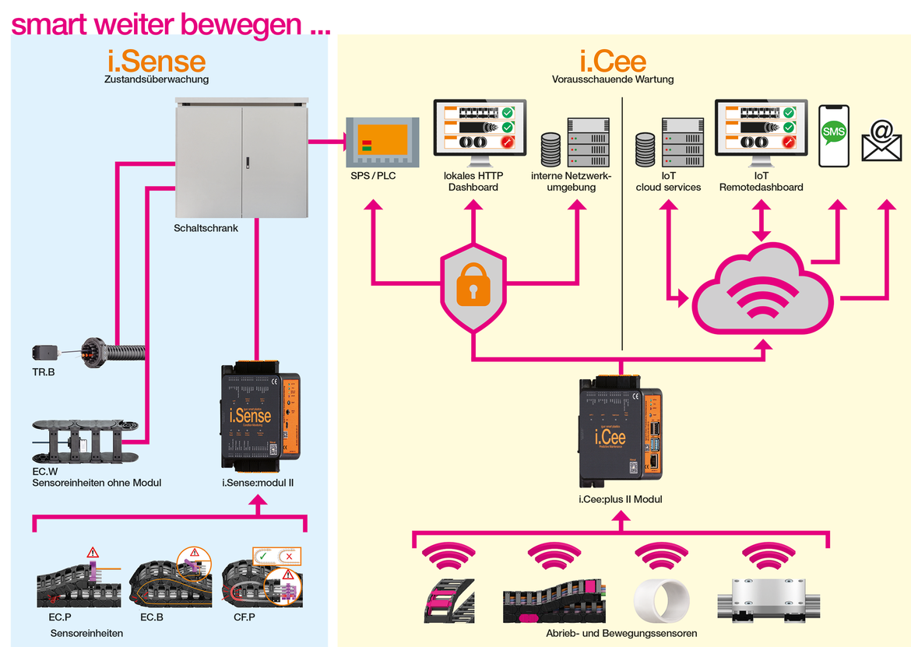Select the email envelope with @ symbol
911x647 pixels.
pyautogui.click(x=881, y=142)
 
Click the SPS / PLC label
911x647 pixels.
pyautogui.click(x=373, y=176)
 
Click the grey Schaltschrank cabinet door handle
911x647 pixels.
pyautogui.click(x=247, y=162)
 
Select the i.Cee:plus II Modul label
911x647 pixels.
pyautogui.click(x=620, y=499)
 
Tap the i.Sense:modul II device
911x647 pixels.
pyautogui.click(x=256, y=418)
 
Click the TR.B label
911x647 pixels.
pyautogui.click(x=44, y=373)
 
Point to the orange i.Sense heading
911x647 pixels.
pyautogui.click(x=157, y=61)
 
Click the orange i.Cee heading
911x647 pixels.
pyautogui.click(x=613, y=61)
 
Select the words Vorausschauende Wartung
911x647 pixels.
pyautogui.click(x=613, y=79)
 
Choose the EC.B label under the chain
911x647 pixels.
pyautogui.click(x=152, y=617)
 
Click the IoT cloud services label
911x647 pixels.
pyautogui.click(x=668, y=182)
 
